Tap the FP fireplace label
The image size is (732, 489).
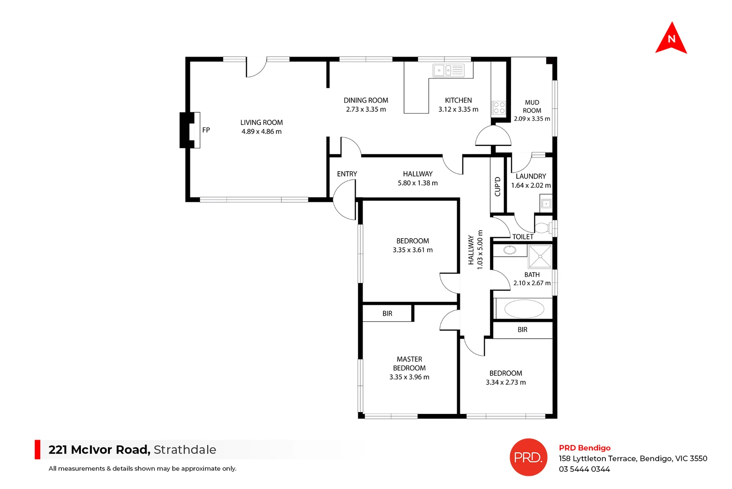point(206,130)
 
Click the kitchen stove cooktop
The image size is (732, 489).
point(499,108)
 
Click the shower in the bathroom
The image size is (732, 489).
point(540,257)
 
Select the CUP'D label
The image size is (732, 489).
point(497,187)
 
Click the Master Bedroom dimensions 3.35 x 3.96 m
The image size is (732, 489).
point(409,377)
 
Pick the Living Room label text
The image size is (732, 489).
point(261,123)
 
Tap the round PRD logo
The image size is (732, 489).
point(528,457)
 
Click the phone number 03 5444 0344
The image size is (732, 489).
point(584,470)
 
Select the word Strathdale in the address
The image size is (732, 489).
point(185,450)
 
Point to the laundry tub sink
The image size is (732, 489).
point(546,204)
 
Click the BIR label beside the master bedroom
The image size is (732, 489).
point(387,313)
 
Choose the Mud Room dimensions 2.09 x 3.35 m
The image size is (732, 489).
point(532,119)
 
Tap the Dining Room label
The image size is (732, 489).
point(366,101)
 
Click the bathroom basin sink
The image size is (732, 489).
point(510,250)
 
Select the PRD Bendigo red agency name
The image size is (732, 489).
point(585,448)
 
